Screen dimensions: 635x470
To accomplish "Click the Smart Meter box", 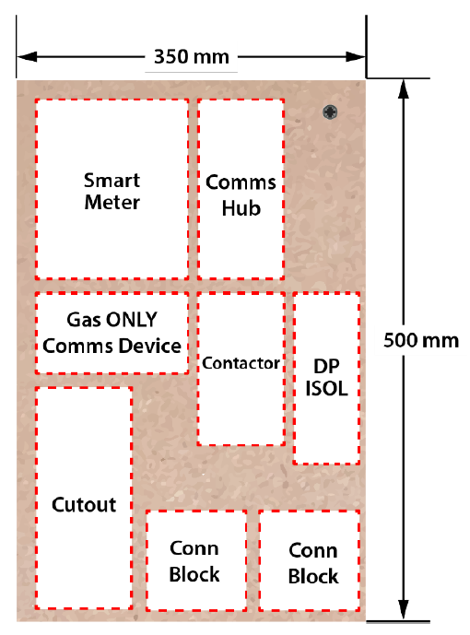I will pyautogui.click(x=112, y=189).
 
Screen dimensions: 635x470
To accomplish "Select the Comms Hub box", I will pyautogui.click(x=241, y=189).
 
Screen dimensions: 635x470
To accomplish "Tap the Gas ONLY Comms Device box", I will pyautogui.click(x=112, y=333).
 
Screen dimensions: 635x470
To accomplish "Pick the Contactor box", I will pyautogui.click(x=241, y=369).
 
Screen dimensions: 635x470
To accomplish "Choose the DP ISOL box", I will pyautogui.click(x=326, y=378).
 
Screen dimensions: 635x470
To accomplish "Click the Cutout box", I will pyautogui.click(x=84, y=498).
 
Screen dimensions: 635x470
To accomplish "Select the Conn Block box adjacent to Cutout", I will pyautogui.click(x=195, y=560).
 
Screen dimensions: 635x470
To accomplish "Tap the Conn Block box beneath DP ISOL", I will pyautogui.click(x=310, y=560).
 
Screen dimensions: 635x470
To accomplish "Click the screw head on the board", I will pyautogui.click(x=330, y=112).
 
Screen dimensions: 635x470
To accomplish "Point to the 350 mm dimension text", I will pyautogui.click(x=192, y=55).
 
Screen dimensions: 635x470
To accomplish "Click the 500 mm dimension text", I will pyautogui.click(x=420, y=340).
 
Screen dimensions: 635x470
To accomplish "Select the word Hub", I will pyautogui.click(x=241, y=208).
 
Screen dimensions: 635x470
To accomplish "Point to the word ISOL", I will pyautogui.click(x=326, y=389).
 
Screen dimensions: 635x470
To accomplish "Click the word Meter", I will pyautogui.click(x=112, y=202).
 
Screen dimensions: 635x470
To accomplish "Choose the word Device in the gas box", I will pyautogui.click(x=152, y=346).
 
